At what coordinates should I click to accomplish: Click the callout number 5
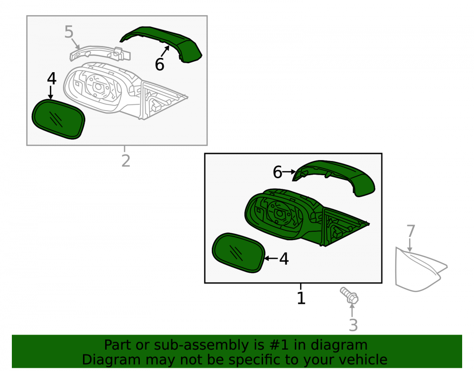click(x=69, y=32)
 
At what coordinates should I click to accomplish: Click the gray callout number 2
click(x=126, y=161)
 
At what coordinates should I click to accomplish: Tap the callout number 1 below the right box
click(x=301, y=298)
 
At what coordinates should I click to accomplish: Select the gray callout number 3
click(x=353, y=325)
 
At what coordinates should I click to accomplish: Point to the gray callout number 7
click(x=411, y=231)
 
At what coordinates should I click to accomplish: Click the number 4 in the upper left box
click(x=52, y=79)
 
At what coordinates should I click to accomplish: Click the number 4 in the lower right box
click(x=284, y=259)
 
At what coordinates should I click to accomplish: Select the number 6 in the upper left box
click(x=160, y=65)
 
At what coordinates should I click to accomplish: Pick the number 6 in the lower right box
click(x=277, y=172)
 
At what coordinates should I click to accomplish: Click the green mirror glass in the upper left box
click(x=58, y=119)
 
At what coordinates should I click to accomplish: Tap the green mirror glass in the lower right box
click(x=238, y=253)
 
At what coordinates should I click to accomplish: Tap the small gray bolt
click(x=349, y=295)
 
